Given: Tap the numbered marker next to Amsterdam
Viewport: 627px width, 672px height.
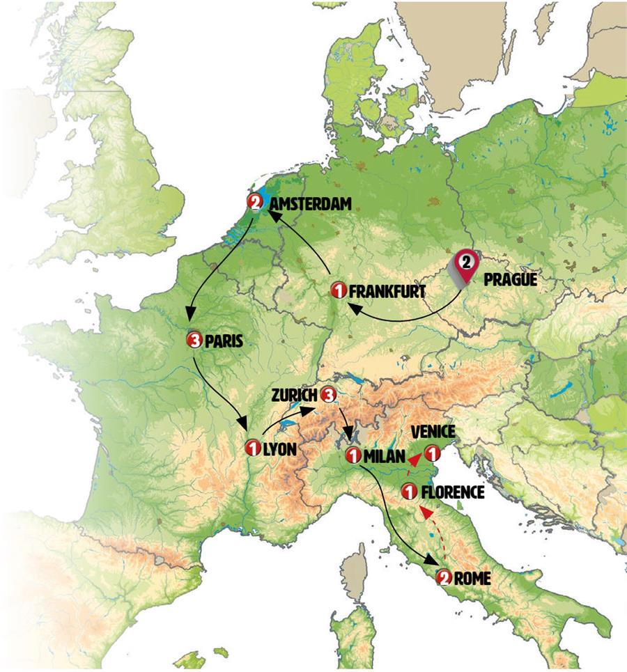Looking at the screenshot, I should pos(255,203).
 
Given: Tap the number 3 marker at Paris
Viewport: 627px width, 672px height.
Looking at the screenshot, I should pos(194,341).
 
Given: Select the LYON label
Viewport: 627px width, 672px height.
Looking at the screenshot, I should pos(279,448).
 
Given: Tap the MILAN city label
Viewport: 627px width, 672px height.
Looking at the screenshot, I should pos(384,456).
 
